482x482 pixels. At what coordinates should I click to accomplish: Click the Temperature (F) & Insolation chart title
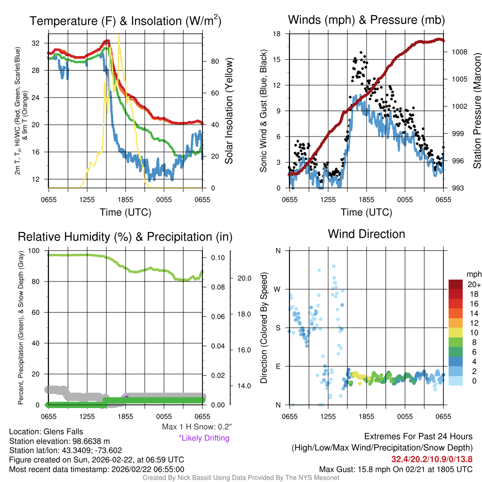[x=125, y=21]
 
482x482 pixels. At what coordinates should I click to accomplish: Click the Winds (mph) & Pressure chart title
[x=366, y=20]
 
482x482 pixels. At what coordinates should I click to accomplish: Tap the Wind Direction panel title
[x=366, y=234]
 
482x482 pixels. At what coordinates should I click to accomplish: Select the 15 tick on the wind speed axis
[x=278, y=59]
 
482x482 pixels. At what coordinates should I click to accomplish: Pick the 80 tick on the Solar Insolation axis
[x=213, y=61]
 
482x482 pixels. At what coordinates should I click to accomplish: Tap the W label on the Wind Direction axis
[x=278, y=289]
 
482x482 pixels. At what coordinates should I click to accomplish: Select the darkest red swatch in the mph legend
[x=456, y=284]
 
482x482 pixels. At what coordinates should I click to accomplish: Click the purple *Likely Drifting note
[x=204, y=438]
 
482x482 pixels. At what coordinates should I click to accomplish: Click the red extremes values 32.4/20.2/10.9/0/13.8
[x=432, y=459]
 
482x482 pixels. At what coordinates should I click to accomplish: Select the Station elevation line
[x=59, y=441]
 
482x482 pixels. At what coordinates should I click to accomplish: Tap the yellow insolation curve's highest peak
[x=119, y=36]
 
